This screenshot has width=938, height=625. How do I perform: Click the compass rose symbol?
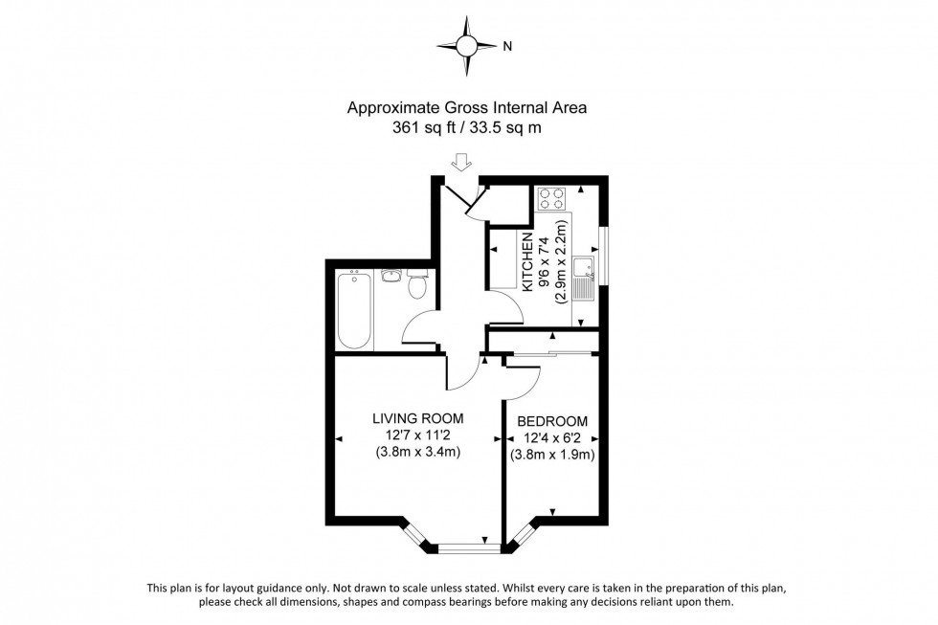[466, 45]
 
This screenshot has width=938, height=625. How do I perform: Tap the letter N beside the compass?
[507, 45]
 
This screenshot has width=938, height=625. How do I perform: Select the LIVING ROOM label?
[417, 418]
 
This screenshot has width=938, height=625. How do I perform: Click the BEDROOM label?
[552, 422]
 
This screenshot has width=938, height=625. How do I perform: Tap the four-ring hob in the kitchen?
[552, 198]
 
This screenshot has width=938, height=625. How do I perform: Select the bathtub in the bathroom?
[354, 309]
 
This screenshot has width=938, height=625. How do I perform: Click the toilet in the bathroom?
[416, 285]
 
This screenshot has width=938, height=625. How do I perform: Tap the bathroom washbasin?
[390, 278]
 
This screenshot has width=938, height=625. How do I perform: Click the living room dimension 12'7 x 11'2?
[417, 435]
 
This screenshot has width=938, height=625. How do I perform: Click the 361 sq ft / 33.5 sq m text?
[466, 126]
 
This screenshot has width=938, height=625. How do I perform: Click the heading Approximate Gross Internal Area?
[466, 108]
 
